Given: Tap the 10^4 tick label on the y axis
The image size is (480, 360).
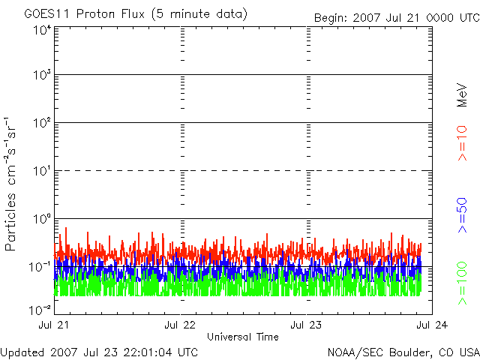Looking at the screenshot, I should pyautogui.click(x=41, y=30).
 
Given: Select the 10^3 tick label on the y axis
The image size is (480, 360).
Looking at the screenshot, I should pyautogui.click(x=41, y=76).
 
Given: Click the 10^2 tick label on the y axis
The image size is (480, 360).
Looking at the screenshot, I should pyautogui.click(x=41, y=123).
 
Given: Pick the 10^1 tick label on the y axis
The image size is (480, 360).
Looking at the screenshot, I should pyautogui.click(x=41, y=171).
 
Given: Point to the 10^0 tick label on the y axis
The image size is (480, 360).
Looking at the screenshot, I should pyautogui.click(x=41, y=219).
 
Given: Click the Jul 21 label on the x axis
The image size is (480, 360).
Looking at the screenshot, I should pyautogui.click(x=53, y=325).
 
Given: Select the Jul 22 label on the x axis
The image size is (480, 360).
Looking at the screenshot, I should pyautogui.click(x=180, y=325).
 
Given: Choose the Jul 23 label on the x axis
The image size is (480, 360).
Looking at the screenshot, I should pyautogui.click(x=306, y=325).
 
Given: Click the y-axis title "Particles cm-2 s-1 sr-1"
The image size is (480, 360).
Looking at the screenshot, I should pyautogui.click(x=13, y=184).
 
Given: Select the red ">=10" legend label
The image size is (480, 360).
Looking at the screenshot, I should pyautogui.click(x=463, y=143).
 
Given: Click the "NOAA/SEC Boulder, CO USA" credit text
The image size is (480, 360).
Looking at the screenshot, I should pyautogui.click(x=403, y=352).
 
